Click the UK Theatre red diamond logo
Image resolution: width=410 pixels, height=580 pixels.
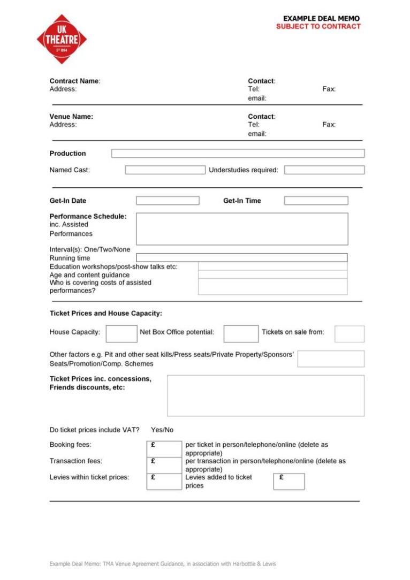click(62, 39)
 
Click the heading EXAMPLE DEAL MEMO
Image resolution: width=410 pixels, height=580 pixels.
click(321, 19)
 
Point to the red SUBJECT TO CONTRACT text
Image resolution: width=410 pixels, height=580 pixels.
click(318, 26)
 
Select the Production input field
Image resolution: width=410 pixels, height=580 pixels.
click(238, 154)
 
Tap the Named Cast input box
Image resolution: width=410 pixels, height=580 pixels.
click(165, 170)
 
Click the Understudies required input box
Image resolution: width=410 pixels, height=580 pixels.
click(324, 170)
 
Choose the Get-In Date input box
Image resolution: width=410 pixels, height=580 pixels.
click(168, 201)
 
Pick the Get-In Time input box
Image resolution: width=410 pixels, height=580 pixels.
click(316, 201)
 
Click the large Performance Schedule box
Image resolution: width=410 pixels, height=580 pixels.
click(242, 228)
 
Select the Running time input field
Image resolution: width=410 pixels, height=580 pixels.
click(242, 257)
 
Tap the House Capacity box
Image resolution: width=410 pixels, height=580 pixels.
click(122, 333)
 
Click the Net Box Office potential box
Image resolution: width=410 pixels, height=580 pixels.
click(241, 333)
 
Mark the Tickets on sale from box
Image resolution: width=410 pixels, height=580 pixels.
click(349, 333)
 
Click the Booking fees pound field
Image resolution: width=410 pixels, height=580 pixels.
click(164, 448)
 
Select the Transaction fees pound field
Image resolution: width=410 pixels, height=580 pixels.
click(164, 464)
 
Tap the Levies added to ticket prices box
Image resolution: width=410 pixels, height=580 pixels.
click(289, 481)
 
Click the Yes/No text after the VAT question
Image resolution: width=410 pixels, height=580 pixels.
click(162, 430)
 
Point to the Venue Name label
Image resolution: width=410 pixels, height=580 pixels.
click(71, 117)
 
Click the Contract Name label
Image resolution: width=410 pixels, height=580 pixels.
click(75, 81)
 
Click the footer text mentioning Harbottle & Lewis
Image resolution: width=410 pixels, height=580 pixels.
click(163, 563)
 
